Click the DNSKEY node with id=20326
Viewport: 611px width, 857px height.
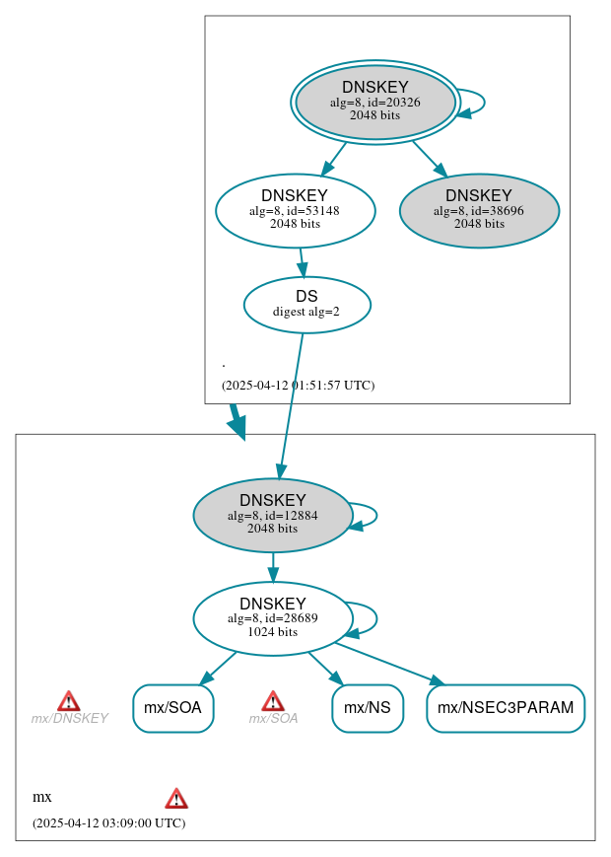coord(375,102)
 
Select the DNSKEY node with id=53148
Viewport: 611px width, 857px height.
coord(295,210)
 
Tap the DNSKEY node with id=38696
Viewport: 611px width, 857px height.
coord(479,210)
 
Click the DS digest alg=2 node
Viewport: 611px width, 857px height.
coord(306,305)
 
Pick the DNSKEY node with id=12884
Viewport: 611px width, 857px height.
coord(273,515)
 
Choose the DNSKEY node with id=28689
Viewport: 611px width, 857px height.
coord(273,618)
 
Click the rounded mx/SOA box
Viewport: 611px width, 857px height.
coord(172,708)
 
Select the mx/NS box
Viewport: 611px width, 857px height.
coord(368,708)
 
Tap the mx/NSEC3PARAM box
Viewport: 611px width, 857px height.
coord(506,708)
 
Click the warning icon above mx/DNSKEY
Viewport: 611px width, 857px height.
coord(68,701)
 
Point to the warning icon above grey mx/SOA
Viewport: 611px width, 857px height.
coord(273,701)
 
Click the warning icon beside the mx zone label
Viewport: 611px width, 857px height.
coord(176,798)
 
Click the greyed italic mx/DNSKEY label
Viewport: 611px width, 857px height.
coord(69,719)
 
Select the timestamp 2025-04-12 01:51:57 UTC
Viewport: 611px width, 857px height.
coord(298,386)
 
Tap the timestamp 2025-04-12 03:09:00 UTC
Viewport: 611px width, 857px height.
coord(108,822)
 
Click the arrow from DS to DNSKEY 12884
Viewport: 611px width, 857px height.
coord(291,404)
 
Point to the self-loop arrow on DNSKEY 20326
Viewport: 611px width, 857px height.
coord(473,103)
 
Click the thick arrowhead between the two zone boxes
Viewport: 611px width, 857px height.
coord(237,423)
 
